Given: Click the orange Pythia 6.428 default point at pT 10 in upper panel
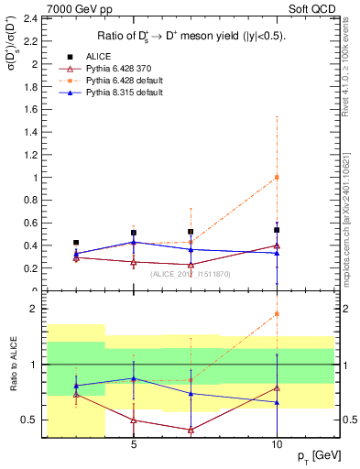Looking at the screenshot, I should (277, 178).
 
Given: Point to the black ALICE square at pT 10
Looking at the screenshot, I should (277, 230).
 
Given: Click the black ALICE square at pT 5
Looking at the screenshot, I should (134, 233).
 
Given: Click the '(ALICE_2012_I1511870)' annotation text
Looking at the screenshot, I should (190, 273).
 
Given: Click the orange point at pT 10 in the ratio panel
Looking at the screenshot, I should (277, 314).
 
